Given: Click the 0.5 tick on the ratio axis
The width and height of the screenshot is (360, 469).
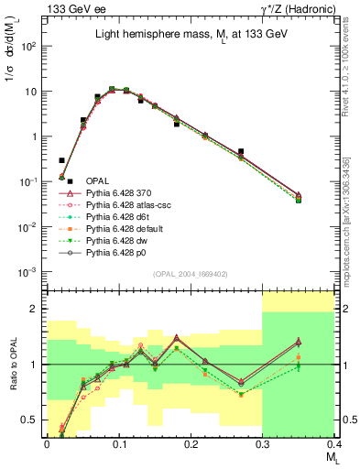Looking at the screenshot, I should point(30,420).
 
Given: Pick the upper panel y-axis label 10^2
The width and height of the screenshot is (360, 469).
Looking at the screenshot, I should point(27,46).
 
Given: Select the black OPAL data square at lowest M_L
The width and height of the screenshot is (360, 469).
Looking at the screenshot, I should point(61,160).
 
